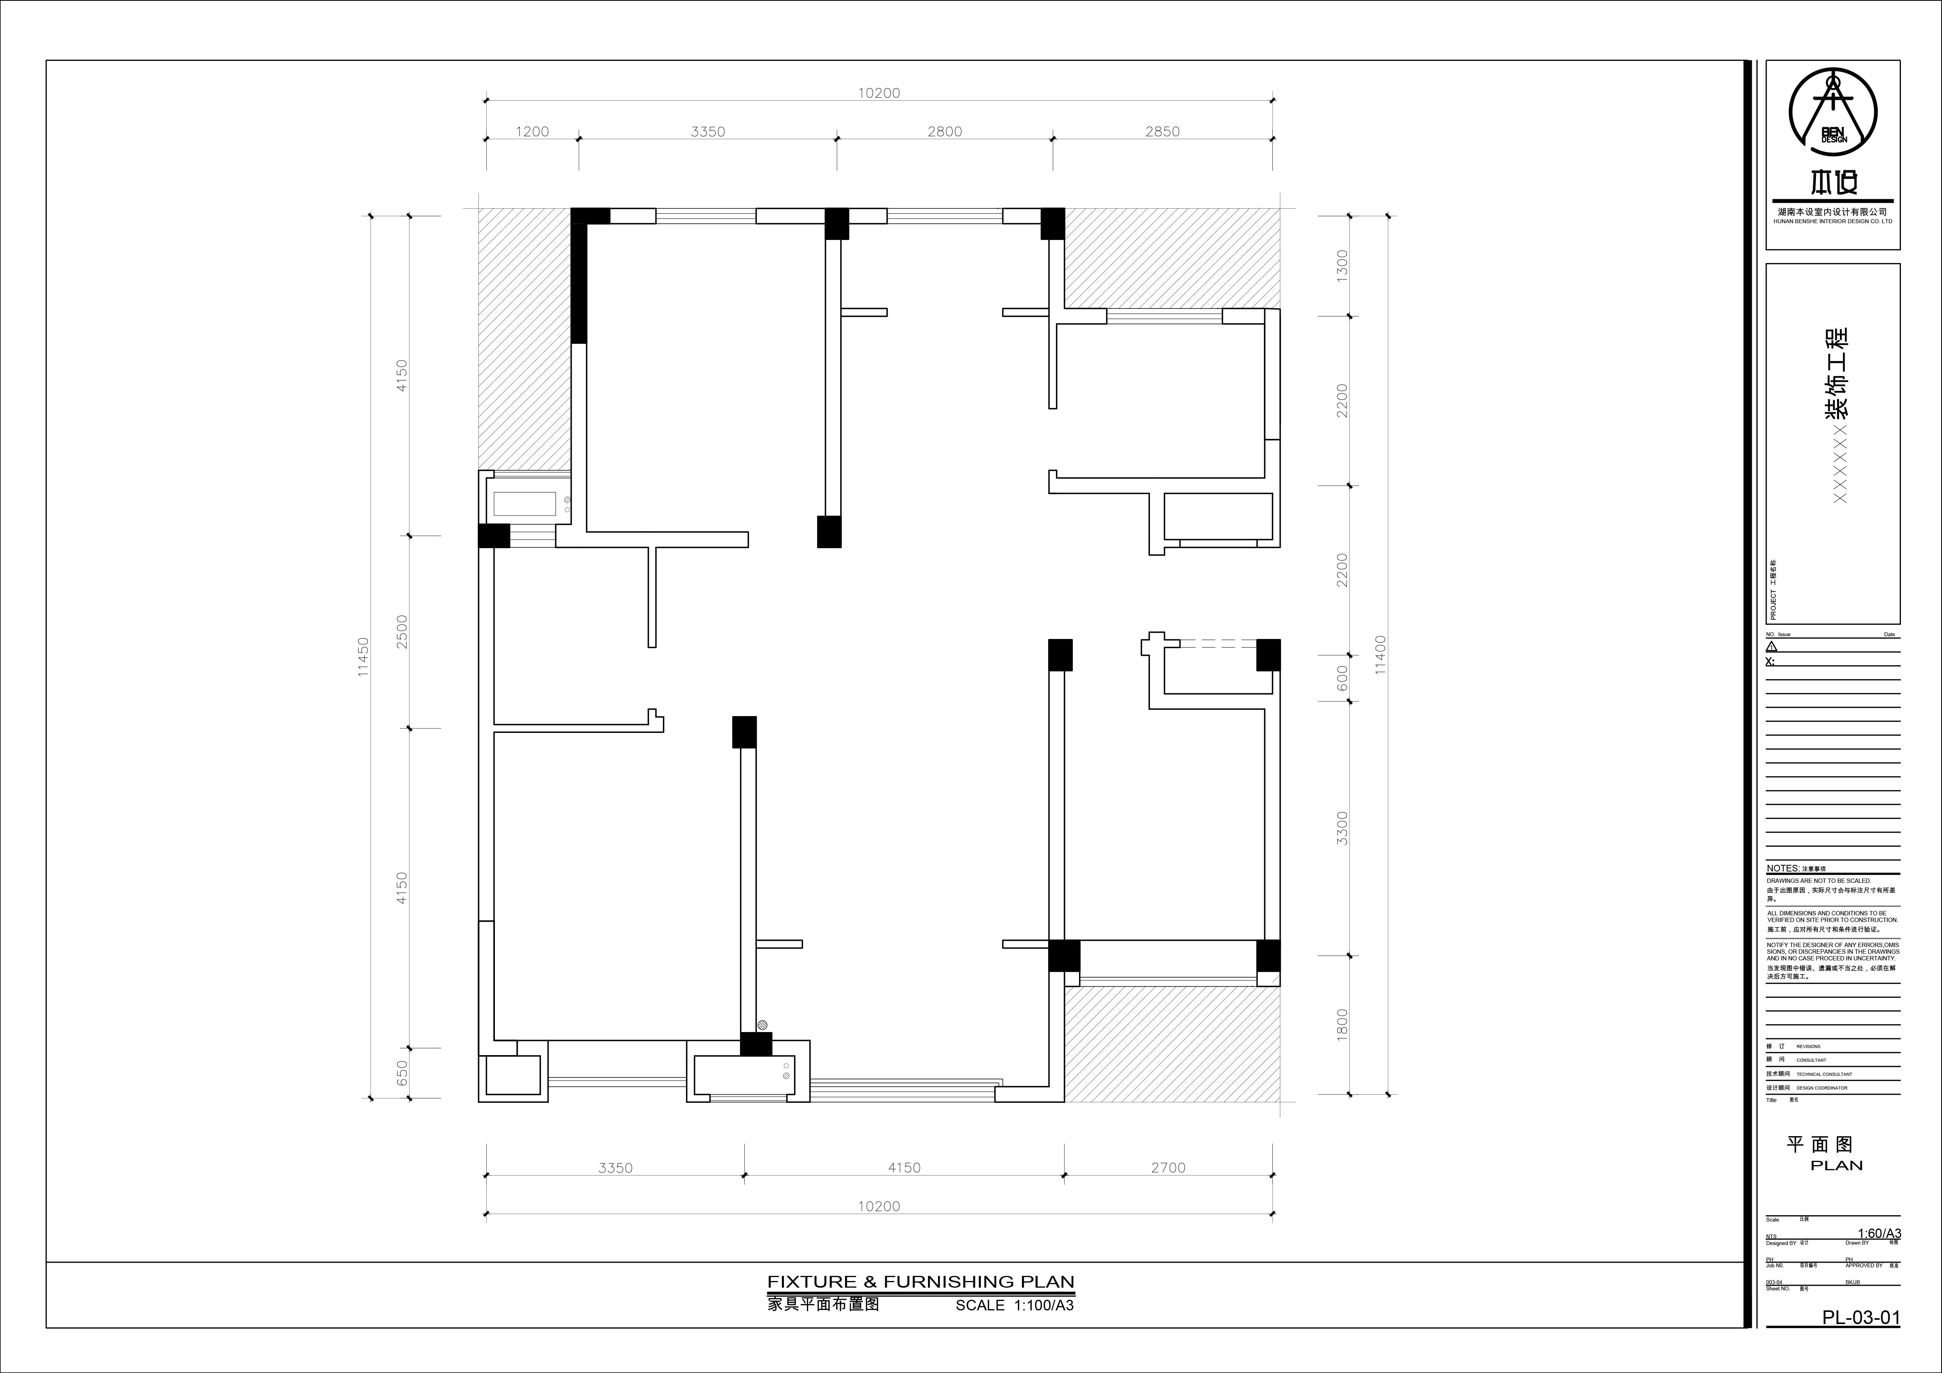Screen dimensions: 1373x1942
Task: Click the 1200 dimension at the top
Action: [x=532, y=131]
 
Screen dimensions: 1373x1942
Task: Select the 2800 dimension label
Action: [x=944, y=131]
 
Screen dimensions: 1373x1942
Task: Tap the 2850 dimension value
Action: [x=1162, y=131]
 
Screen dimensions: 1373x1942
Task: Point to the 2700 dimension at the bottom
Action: [x=1168, y=1167]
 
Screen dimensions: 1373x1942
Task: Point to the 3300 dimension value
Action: [x=1342, y=828]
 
